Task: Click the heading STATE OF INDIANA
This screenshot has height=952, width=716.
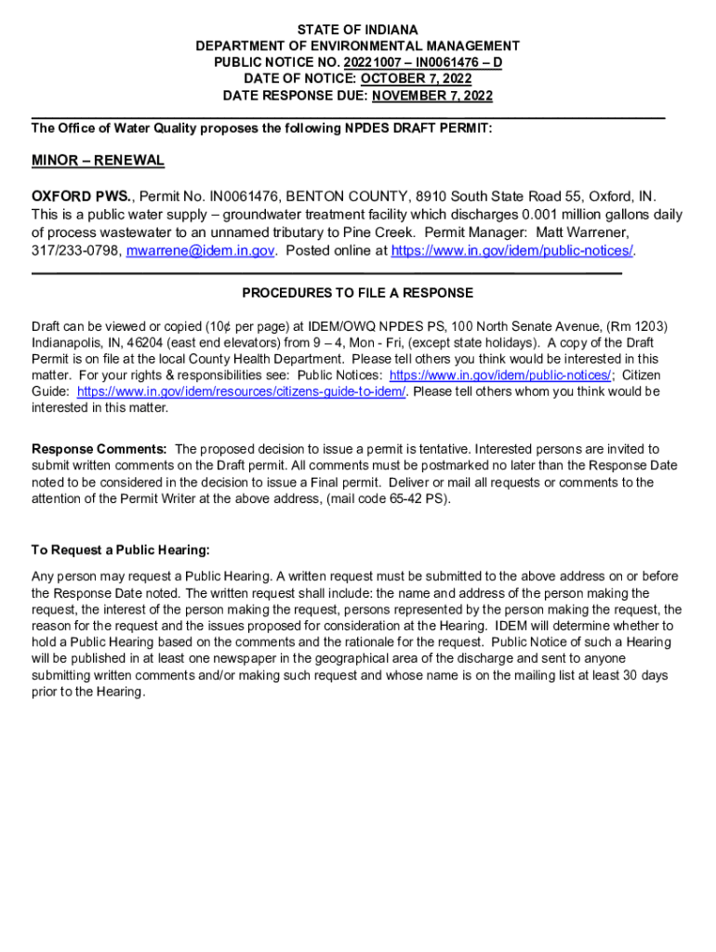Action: click(x=357, y=30)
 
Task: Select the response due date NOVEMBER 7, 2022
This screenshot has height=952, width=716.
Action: click(x=432, y=96)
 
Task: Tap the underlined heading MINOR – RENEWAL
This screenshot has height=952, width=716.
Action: click(x=98, y=161)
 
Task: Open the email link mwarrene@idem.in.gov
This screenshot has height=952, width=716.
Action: click(x=200, y=251)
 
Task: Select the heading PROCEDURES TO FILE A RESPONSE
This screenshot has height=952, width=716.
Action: click(x=357, y=293)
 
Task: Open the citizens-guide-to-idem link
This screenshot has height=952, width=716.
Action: click(x=241, y=391)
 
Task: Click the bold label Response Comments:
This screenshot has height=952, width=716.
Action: click(x=99, y=449)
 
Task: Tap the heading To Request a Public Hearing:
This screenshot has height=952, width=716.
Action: click(x=120, y=549)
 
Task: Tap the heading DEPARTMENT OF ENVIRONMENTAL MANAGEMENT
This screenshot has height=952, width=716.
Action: click(x=357, y=46)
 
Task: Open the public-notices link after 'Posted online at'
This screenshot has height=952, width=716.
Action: click(x=512, y=251)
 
